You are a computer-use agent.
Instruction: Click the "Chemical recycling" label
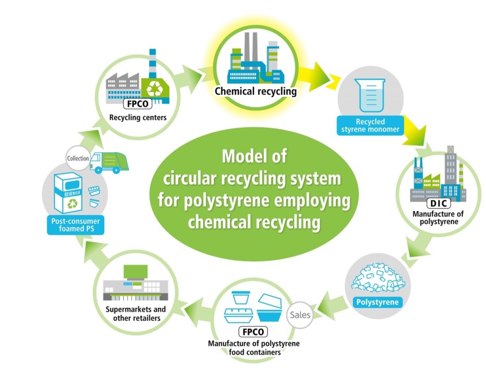[x=255, y=91]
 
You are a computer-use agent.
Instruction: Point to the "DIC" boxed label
[x=437, y=204]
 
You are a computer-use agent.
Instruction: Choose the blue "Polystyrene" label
[x=378, y=302]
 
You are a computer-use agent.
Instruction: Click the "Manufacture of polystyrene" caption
[x=438, y=218]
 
